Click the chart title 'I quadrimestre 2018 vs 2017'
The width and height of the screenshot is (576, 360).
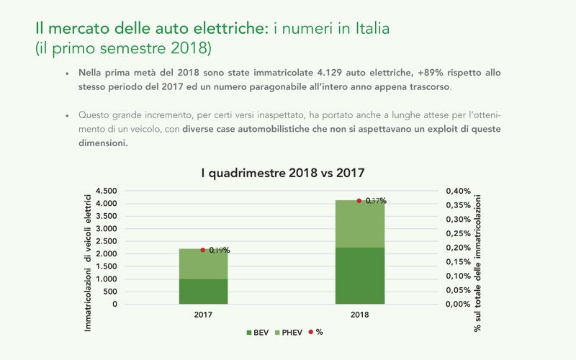[x=282, y=173]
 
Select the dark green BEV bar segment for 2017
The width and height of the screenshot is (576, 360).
[x=203, y=291]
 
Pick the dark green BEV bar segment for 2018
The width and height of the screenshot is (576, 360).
[x=360, y=275]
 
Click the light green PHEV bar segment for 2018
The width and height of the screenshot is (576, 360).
[x=360, y=223]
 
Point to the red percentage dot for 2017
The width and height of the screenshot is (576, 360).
[x=203, y=250]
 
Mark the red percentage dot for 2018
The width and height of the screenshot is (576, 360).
[x=359, y=200]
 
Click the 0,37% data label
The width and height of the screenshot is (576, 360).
[x=376, y=201]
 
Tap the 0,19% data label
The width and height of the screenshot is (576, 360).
[x=220, y=251]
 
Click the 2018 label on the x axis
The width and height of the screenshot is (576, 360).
[x=359, y=315]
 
